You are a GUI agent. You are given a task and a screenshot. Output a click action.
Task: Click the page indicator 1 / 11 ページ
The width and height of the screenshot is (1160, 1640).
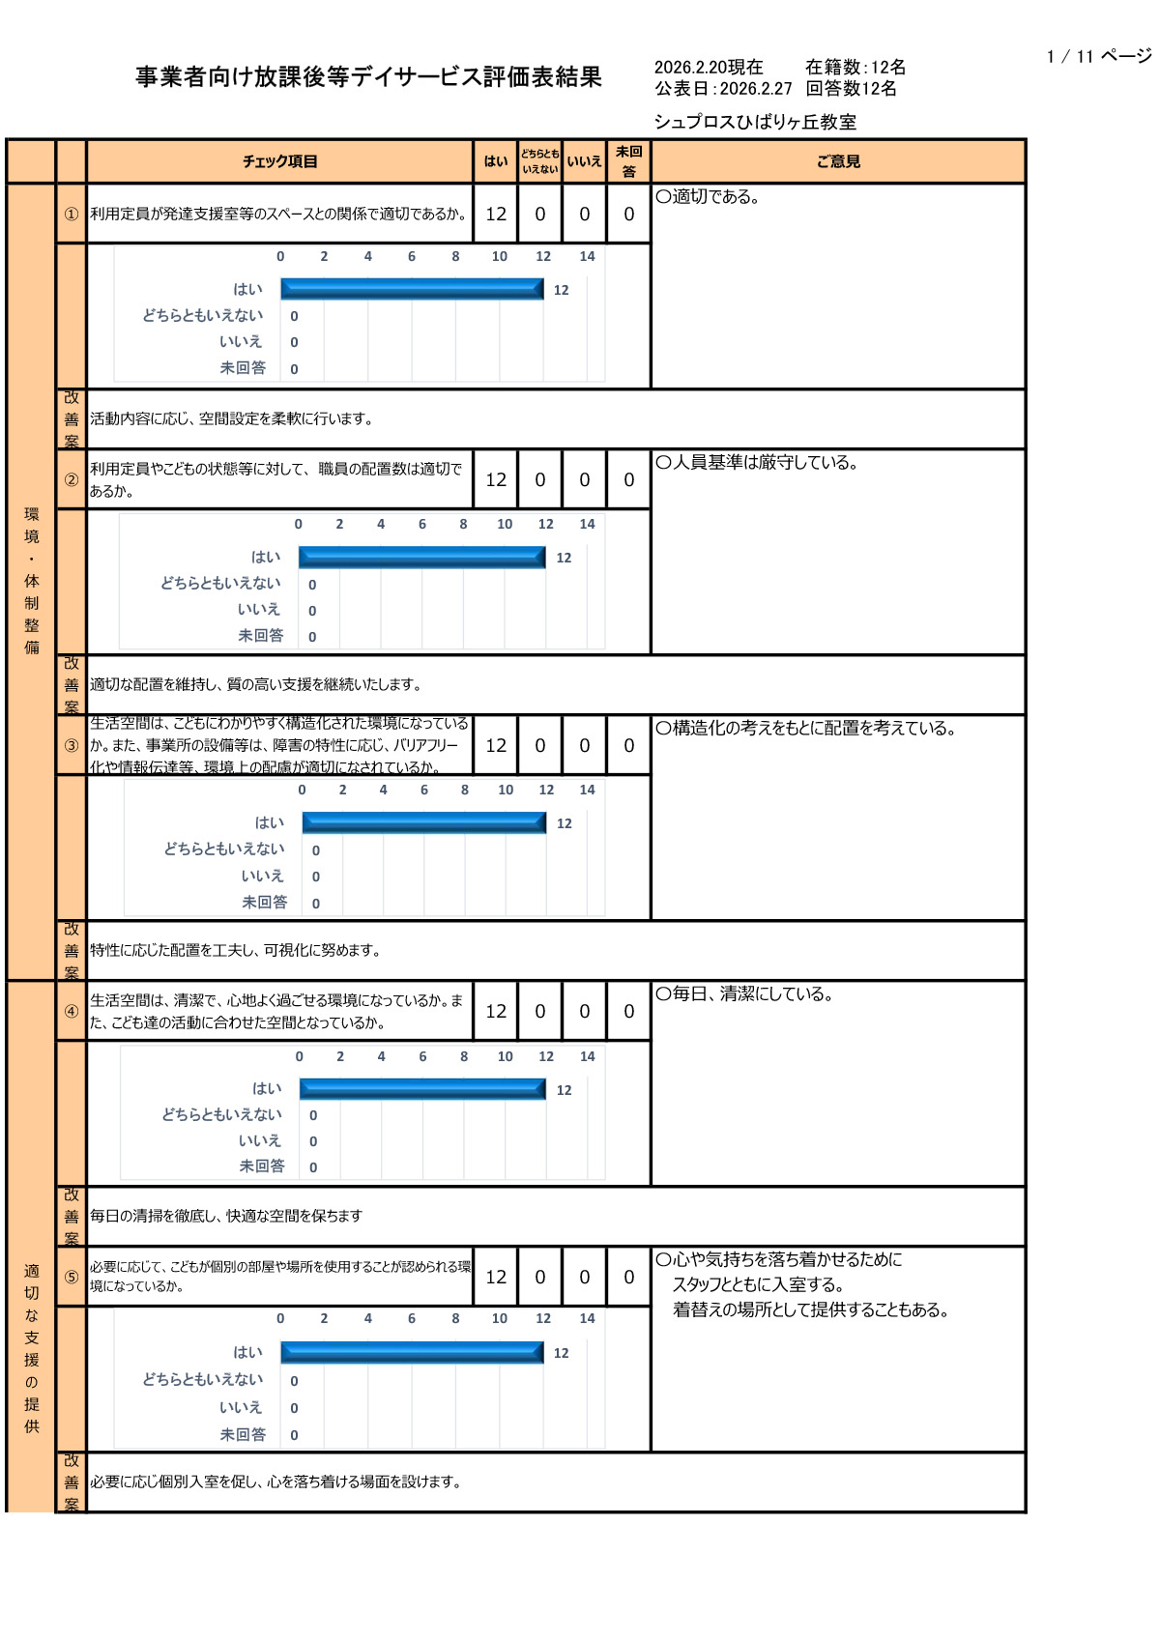[x=1098, y=56]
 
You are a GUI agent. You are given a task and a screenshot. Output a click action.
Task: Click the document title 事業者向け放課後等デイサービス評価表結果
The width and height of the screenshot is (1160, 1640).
[x=368, y=77]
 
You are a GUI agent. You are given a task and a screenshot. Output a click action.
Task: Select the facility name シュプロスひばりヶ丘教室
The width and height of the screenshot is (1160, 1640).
[x=755, y=122]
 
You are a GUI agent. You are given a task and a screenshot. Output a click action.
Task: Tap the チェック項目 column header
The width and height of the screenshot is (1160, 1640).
[x=279, y=161]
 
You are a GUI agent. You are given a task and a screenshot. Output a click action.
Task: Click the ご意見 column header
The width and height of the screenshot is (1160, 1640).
[x=838, y=161]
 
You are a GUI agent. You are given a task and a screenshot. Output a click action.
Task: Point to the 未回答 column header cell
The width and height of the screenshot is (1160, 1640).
[x=628, y=161]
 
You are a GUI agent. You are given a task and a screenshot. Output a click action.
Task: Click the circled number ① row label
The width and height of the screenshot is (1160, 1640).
[x=72, y=214]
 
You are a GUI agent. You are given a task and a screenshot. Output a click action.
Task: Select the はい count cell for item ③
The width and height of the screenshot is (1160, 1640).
[x=496, y=745]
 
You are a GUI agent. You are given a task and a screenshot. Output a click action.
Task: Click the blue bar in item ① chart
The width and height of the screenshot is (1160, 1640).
[x=412, y=289]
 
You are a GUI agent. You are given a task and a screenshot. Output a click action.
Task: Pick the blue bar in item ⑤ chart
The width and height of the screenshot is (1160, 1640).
[x=412, y=1352]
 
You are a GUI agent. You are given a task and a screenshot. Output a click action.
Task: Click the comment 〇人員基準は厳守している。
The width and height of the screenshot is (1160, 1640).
[x=757, y=462]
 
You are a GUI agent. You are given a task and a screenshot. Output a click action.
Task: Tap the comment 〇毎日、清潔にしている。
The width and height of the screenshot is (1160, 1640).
[x=744, y=993]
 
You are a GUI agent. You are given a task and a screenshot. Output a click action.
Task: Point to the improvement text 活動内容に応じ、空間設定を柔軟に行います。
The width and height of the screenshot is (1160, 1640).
[x=231, y=418]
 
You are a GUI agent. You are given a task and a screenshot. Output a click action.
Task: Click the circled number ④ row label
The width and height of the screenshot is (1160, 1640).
[x=72, y=1011]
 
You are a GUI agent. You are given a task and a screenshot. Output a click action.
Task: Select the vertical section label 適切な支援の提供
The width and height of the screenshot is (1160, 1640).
[x=32, y=1348]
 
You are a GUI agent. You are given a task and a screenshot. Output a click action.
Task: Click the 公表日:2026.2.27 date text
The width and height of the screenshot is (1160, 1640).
[x=723, y=89]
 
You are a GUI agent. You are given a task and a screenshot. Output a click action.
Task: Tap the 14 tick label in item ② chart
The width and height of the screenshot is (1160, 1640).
[x=587, y=524]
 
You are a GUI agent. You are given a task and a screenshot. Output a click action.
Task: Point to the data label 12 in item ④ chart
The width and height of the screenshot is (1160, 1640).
[x=564, y=1090]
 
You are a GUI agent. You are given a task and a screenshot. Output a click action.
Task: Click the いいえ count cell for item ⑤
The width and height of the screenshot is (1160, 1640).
[x=584, y=1277]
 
